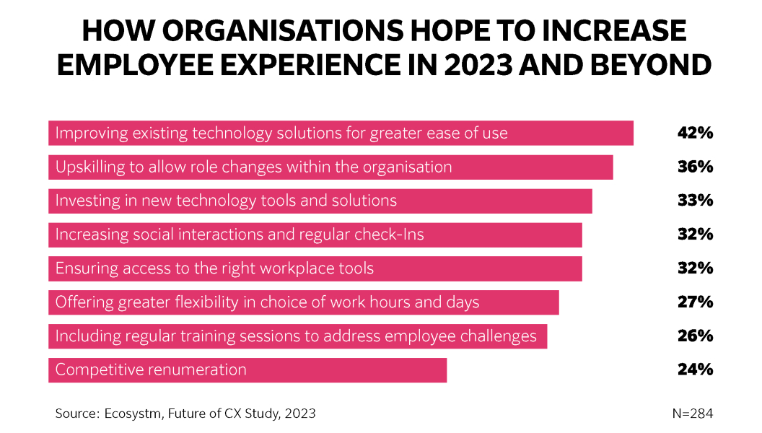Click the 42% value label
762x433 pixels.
(x=695, y=133)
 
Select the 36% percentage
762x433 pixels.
(x=695, y=167)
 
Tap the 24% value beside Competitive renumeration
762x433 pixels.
(x=695, y=369)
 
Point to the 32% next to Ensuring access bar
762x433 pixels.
(x=695, y=268)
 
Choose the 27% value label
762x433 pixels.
(x=695, y=302)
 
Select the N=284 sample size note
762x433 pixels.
(x=692, y=414)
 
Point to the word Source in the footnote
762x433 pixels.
(x=76, y=414)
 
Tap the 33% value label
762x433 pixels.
(x=695, y=201)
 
